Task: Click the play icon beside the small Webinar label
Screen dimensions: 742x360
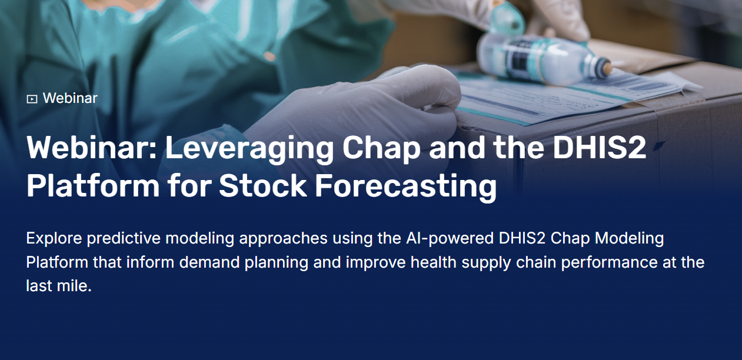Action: tap(32, 99)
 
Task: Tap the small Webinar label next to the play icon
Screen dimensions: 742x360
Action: tap(70, 98)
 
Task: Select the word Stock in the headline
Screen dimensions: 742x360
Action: tap(262, 185)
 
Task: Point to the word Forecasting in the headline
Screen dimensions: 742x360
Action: tap(406, 186)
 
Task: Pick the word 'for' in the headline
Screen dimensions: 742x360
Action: tap(189, 185)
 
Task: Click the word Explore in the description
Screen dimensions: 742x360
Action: tap(54, 238)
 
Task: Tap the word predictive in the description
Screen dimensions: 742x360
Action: tap(124, 238)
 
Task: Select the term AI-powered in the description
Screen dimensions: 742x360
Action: tap(450, 238)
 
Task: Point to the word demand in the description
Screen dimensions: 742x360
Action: tap(209, 262)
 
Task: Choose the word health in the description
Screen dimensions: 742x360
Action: tap(434, 262)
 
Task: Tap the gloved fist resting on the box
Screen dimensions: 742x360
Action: tap(391, 109)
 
